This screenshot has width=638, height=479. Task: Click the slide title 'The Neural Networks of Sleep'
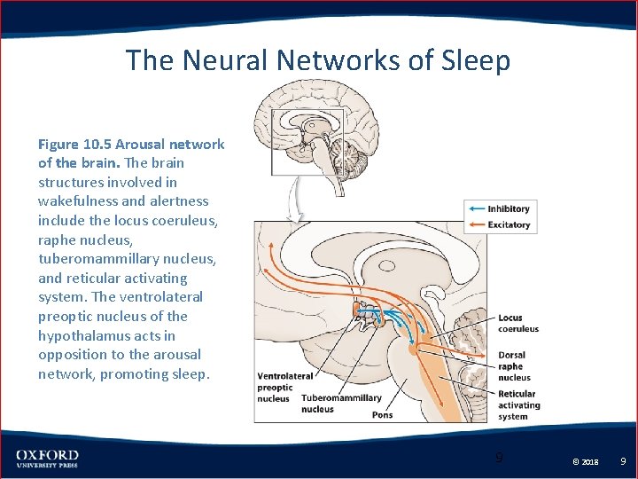(x=318, y=60)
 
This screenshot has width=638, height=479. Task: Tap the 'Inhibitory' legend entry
(x=509, y=209)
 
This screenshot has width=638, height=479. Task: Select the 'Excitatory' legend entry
(x=509, y=225)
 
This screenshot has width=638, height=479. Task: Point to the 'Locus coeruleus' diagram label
(x=517, y=323)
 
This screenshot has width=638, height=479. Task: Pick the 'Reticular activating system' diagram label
(x=517, y=405)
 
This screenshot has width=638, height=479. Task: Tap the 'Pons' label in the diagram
(x=382, y=415)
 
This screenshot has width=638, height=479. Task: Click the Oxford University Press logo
(x=47, y=459)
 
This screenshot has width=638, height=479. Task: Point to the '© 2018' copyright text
(x=585, y=462)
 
